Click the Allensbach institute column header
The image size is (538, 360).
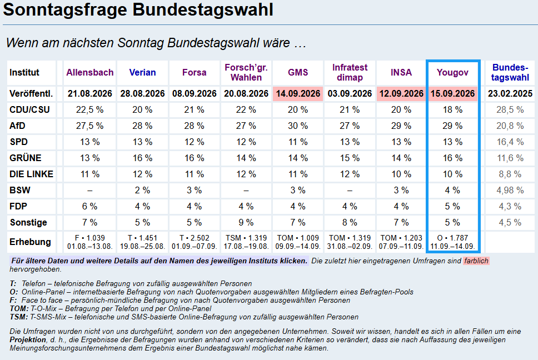coord(90,72)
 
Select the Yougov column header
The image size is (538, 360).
coord(452,72)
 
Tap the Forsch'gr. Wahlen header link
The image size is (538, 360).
coord(246,72)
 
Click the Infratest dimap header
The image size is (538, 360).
coord(350,72)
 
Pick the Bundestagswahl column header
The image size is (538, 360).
coord(510,72)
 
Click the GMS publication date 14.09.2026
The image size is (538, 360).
coord(298,93)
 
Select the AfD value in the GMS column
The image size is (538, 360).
coord(298,126)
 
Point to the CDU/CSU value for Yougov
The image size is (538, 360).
coord(452,109)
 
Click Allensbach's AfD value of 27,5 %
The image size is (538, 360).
coord(90,126)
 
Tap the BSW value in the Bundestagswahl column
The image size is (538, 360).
coord(510,191)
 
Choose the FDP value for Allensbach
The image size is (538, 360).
coord(90,207)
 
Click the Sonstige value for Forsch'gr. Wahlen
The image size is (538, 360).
coord(246,223)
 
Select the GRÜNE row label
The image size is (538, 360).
coord(26,158)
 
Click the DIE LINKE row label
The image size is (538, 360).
coord(31,174)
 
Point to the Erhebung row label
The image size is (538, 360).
coord(30,242)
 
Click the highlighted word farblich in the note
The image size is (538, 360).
coord(476,261)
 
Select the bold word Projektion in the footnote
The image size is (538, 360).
coord(28,340)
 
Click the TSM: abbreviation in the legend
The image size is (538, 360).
coord(18,317)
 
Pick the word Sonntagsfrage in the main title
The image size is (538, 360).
coord(66,9)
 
